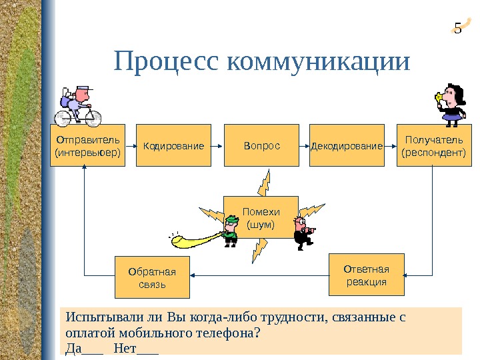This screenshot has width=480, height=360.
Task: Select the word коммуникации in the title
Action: [x=319, y=61]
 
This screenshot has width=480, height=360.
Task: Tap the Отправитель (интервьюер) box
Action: [x=87, y=145]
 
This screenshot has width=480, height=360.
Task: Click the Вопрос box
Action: [x=261, y=145]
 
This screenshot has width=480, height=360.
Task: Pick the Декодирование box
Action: [x=347, y=145]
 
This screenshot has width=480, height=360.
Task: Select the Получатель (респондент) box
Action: [x=433, y=145]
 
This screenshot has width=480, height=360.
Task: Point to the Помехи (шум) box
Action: [x=261, y=217]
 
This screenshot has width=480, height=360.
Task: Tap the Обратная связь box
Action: [x=152, y=277]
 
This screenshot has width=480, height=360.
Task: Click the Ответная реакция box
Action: [x=367, y=274]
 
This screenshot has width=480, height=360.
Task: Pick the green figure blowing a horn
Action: [x=229, y=228]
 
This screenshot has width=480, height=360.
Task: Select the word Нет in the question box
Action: [x=125, y=347]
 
